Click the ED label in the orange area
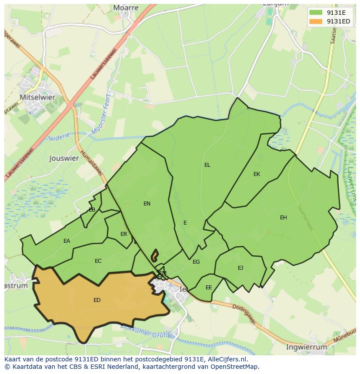pyautogui.click(x=97, y=300)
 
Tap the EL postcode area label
pyautogui.click(x=207, y=165)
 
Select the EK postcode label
pyautogui.click(x=257, y=174)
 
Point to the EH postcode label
pyautogui.click(x=283, y=218)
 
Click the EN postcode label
pyautogui.click(x=147, y=204)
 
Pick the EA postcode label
pyautogui.click(x=67, y=241)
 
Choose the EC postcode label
pyautogui.click(x=98, y=261)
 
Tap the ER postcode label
pyautogui.click(x=124, y=234)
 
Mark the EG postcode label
pyautogui.click(x=196, y=262)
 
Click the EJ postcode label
pyautogui.click(x=240, y=268)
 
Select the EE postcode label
pyautogui.click(x=209, y=288)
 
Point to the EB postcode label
pyautogui.click(x=92, y=210)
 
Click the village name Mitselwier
pyautogui.click(x=37, y=97)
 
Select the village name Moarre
pyautogui.click(x=126, y=8)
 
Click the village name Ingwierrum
pyautogui.click(x=307, y=347)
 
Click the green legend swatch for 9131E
pyautogui.click(x=316, y=13)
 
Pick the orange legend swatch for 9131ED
pyautogui.click(x=316, y=21)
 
